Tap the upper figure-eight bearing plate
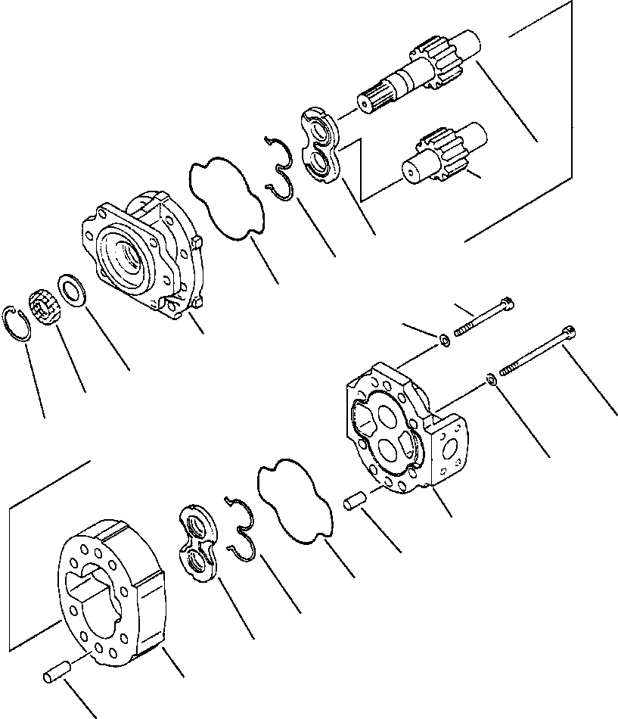[321, 145]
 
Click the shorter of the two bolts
[484, 318]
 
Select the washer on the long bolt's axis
[491, 377]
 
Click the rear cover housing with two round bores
[401, 431]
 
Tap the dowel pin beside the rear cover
[356, 502]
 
